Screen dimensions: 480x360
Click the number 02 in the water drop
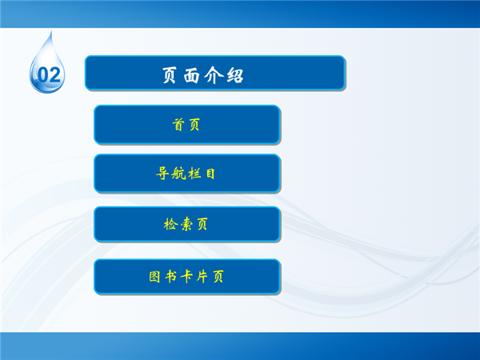coord(49,75)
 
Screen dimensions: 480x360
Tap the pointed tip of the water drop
coord(51,30)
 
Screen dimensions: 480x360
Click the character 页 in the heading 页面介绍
coord(170,75)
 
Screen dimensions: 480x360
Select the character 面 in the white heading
coord(192,75)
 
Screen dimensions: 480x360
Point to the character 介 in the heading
coord(214,75)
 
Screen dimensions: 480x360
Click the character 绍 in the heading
coord(235,75)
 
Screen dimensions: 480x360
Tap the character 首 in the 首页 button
coord(178,125)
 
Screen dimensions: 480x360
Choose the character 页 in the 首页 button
coord(194,125)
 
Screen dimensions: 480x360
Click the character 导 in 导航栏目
coord(162,174)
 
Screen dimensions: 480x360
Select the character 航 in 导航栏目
coord(178,174)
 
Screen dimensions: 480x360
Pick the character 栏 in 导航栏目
coord(194,174)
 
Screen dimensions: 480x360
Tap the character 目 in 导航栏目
coord(210,174)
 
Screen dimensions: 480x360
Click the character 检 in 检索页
coord(170,224)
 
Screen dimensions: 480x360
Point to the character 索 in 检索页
coord(186,224)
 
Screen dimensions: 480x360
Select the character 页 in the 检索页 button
coord(202,224)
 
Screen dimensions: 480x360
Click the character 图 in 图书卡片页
coord(154,277)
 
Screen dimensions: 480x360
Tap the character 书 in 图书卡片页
coord(170,277)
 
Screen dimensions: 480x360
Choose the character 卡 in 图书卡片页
coord(186,277)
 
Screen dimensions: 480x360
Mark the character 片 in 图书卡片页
coord(202,277)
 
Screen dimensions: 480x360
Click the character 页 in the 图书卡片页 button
coord(218,277)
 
